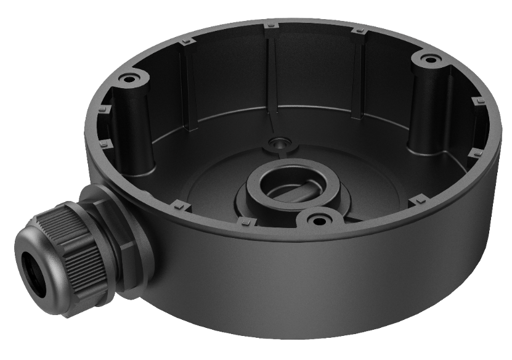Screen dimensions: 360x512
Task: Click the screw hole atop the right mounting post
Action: [x=424, y=59]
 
